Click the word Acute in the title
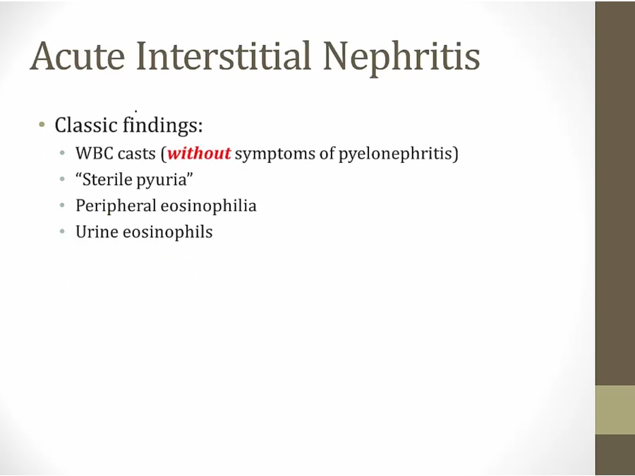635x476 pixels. point(78,56)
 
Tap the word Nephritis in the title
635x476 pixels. point(401,58)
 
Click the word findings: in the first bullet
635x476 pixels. point(163,126)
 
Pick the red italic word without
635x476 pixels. point(199,154)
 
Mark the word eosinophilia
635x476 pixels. point(209,206)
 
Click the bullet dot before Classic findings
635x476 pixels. point(42,124)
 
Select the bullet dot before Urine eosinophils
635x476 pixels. point(62,231)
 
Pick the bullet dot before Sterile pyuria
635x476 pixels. point(62,179)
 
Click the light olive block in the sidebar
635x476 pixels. point(615,410)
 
